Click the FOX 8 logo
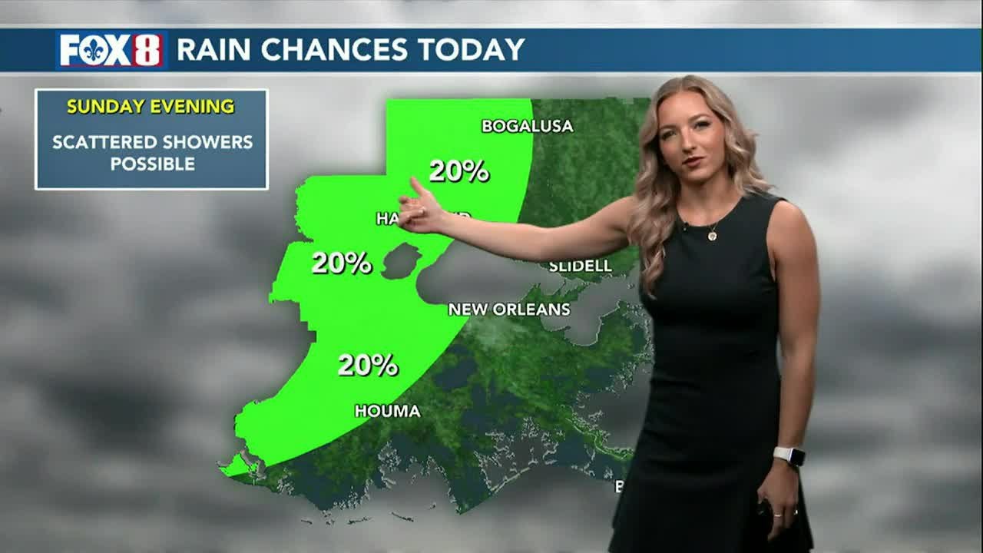[x=111, y=50]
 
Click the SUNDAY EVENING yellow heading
[x=151, y=107]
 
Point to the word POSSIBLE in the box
[x=152, y=164]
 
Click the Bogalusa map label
[x=527, y=126]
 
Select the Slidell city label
[x=580, y=267]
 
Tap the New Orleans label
[x=509, y=310]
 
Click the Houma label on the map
[x=387, y=412]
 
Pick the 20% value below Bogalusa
[x=458, y=171]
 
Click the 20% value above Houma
[x=368, y=365]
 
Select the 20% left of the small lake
[x=342, y=263]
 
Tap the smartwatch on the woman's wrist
[x=791, y=456]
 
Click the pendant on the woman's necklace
[x=712, y=236]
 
